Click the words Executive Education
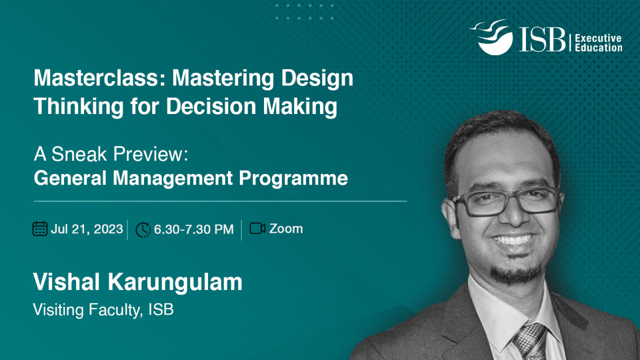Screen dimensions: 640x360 coord(598,43)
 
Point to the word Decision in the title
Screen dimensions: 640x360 coord(211,106)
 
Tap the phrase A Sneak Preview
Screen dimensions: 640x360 coord(111,154)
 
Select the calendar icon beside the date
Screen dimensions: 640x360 coord(40,228)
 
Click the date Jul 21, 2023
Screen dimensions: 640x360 coord(87,229)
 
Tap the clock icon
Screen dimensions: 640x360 coord(143,229)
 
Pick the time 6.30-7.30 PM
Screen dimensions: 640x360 coord(193,229)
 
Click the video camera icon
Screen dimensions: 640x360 coord(257,228)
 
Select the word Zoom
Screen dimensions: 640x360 coord(286,229)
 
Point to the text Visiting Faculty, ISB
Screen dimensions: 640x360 coord(103,309)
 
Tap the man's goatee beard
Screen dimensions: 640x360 coord(516,271)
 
